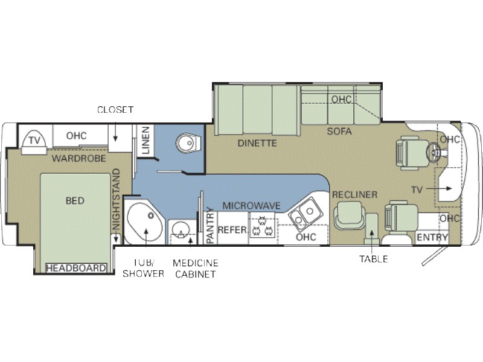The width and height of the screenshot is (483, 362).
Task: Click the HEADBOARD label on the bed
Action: (x=76, y=268)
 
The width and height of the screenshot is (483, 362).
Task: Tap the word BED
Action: (x=75, y=201)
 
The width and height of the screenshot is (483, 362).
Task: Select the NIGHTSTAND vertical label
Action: (x=116, y=200)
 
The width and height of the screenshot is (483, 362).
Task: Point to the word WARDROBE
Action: (x=79, y=158)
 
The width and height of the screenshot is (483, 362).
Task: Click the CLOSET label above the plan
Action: (x=115, y=110)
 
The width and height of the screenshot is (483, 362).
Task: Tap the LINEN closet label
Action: (x=145, y=140)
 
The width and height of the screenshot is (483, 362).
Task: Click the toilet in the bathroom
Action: (x=188, y=143)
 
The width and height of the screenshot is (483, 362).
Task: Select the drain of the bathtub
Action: (x=151, y=216)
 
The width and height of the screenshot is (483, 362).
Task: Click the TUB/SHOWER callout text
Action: (x=143, y=268)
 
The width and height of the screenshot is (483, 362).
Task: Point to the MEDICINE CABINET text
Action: (x=195, y=268)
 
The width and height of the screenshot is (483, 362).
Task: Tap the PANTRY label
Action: (x=210, y=225)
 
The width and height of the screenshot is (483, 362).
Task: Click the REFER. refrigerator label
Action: (x=232, y=230)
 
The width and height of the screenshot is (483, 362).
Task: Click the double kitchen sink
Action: (x=305, y=214)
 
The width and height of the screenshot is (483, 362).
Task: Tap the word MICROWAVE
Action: (x=252, y=206)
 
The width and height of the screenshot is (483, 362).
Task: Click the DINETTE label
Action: (x=257, y=143)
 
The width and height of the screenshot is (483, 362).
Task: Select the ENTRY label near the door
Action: (x=432, y=237)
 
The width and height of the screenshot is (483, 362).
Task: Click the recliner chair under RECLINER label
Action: (x=350, y=216)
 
